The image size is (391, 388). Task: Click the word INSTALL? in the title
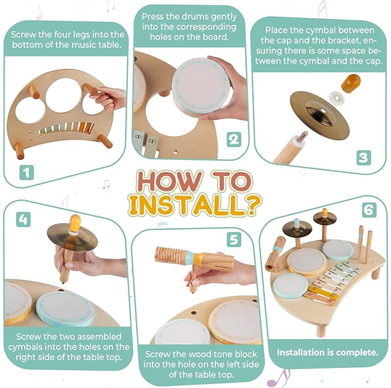tap(195, 203)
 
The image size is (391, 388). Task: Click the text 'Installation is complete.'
tap(327, 352)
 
